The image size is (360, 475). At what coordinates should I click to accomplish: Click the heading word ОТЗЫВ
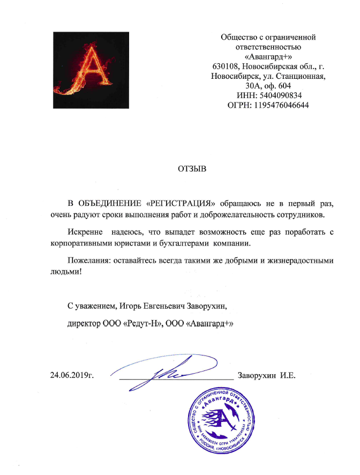tap(191, 169)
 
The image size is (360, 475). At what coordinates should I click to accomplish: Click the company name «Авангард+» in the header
tap(268, 56)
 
